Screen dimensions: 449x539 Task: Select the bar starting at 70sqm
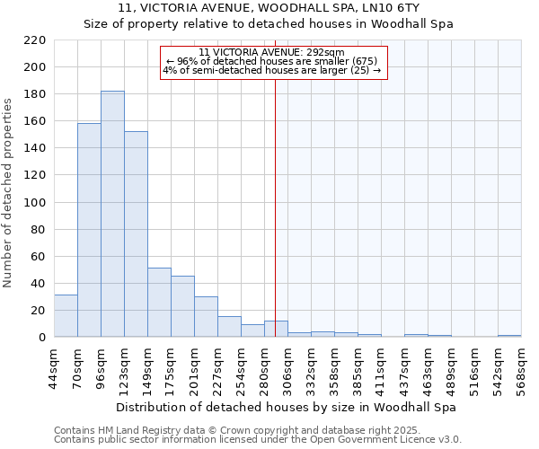pos(89,230)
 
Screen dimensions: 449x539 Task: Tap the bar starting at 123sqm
pos(136,233)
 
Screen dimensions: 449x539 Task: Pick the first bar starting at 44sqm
pos(66,316)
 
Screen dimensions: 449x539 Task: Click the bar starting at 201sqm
pos(206,317)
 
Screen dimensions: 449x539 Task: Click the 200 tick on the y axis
pos(36,67)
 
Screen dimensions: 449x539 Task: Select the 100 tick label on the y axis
pos(36,203)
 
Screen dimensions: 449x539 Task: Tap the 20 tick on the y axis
pos(40,311)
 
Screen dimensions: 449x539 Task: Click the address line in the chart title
pos(269,8)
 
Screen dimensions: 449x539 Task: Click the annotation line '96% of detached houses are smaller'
pos(271,61)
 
